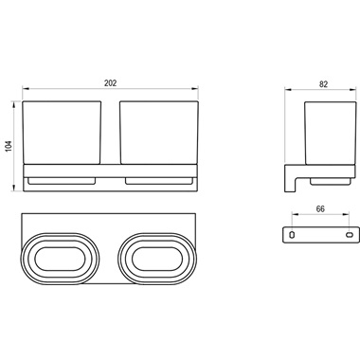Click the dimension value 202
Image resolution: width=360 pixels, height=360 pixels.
click(x=110, y=83)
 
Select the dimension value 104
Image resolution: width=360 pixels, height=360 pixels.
click(x=9, y=146)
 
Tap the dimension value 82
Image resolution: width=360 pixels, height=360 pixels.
click(x=323, y=84)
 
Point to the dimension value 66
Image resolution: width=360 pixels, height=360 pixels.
click(x=320, y=208)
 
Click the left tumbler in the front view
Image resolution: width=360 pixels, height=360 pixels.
click(x=62, y=133)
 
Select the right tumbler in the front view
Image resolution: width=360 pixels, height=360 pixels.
click(x=159, y=133)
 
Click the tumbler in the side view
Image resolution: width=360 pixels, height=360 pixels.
click(x=331, y=134)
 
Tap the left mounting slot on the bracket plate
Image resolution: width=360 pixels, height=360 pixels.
click(x=292, y=235)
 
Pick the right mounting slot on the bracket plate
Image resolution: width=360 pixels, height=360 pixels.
click(x=350, y=235)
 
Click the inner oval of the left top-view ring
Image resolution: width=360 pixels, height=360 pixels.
click(x=60, y=260)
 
